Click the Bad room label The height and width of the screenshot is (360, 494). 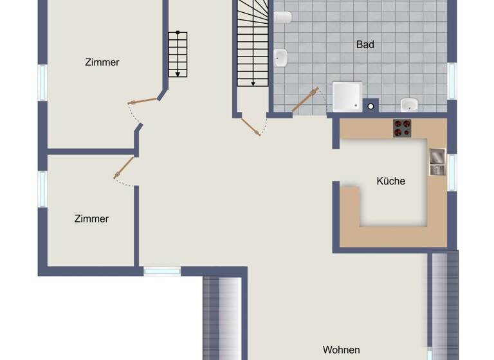365,45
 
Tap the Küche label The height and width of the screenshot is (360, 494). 391,181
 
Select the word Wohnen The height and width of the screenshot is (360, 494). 341,350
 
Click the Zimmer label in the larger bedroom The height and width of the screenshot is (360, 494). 102,62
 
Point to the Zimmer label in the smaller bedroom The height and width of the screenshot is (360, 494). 91,219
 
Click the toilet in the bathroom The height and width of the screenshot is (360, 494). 282,17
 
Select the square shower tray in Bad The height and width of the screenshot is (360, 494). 347,96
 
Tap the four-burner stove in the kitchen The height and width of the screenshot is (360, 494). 403,128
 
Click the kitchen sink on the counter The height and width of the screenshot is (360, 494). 437,162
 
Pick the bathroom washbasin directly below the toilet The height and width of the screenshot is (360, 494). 281,59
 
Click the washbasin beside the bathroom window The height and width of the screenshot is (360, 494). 409,104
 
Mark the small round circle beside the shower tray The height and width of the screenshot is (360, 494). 370,106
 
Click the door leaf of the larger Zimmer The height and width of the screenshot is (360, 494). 143,101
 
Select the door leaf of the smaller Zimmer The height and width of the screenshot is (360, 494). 123,167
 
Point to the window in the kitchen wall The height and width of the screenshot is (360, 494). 452,172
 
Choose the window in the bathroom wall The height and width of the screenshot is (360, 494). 452,81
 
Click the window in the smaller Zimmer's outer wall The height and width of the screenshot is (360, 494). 43,188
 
